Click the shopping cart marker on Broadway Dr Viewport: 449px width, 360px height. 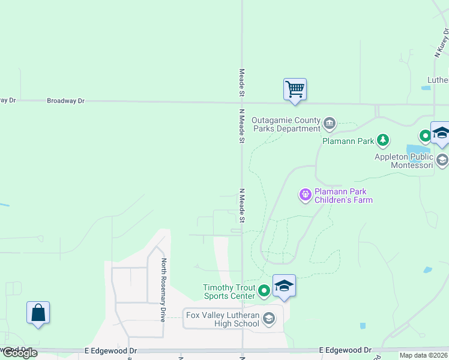tap(295, 89)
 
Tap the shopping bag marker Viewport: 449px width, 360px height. tap(38, 313)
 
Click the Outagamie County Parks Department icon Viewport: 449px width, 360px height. tap(329, 124)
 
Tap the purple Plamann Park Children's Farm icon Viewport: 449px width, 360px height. tap(306, 194)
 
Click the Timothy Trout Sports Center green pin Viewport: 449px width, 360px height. tap(264, 292)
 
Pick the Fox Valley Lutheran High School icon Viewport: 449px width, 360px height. tap(269, 318)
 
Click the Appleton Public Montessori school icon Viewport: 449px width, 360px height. tap(442, 160)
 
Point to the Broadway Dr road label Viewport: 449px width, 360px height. tap(66, 101)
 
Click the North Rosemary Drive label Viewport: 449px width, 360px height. tap(163, 290)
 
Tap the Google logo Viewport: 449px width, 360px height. tap(20, 353)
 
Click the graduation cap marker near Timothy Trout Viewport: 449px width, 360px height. tap(284, 286)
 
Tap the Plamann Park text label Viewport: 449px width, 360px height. tap(349, 141)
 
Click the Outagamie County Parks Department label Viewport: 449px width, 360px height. tap(286, 124)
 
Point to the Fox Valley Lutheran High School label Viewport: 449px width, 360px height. tap(223, 319)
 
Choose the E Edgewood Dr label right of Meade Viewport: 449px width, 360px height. tap(345, 350)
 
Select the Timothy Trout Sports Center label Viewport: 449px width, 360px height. tap(228, 292)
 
